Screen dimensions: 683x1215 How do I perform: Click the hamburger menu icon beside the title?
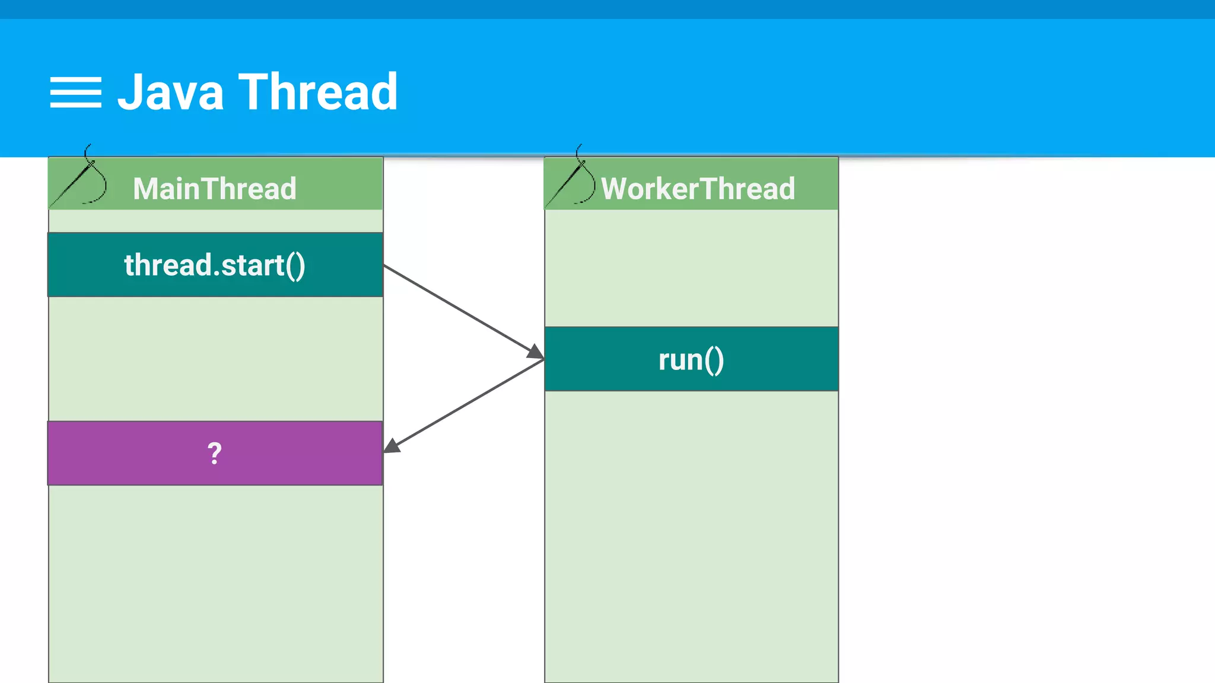point(75,92)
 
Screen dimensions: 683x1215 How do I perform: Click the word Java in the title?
point(171,92)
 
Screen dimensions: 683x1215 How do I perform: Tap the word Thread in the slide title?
point(318,92)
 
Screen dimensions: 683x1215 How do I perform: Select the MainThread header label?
point(215,189)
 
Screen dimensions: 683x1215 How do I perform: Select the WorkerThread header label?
point(698,189)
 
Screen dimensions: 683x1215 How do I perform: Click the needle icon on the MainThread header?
point(80,181)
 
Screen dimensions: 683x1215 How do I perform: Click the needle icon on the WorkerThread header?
point(572,181)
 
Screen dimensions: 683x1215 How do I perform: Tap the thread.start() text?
point(215,265)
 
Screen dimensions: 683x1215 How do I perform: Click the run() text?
point(691,360)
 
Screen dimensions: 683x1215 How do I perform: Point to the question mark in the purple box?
point(215,454)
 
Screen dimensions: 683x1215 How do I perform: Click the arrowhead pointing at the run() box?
point(536,352)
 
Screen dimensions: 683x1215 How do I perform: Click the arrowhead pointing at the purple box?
point(392,446)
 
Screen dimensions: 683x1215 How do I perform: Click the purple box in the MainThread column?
point(119,454)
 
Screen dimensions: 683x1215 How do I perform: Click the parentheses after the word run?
point(715,360)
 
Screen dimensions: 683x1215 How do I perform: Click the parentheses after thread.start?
point(295,266)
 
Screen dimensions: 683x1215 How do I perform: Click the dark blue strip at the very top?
point(607,9)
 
